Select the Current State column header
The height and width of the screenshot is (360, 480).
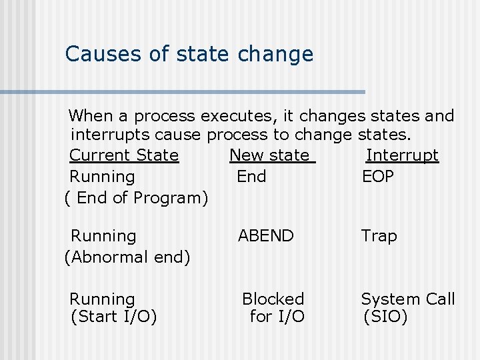click(124, 155)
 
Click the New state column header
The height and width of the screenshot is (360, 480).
click(272, 155)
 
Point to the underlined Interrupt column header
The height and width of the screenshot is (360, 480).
click(402, 155)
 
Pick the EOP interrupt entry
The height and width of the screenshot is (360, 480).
click(377, 177)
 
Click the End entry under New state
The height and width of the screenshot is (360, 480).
click(251, 177)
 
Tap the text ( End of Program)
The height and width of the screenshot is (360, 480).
click(136, 198)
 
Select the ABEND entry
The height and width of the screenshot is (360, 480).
click(266, 236)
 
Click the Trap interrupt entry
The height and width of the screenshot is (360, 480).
click(379, 236)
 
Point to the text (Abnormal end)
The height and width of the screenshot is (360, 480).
click(127, 257)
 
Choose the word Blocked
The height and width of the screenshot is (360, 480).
click(273, 299)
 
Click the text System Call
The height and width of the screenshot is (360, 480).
click(408, 299)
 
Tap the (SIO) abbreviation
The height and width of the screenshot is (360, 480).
click(385, 317)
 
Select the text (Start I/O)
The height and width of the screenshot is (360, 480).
click(113, 317)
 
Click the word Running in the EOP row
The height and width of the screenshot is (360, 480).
click(102, 177)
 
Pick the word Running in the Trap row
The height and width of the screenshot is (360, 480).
click(103, 236)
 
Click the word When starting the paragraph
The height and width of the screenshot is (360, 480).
click(91, 116)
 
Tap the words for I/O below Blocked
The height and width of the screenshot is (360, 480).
click(277, 317)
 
